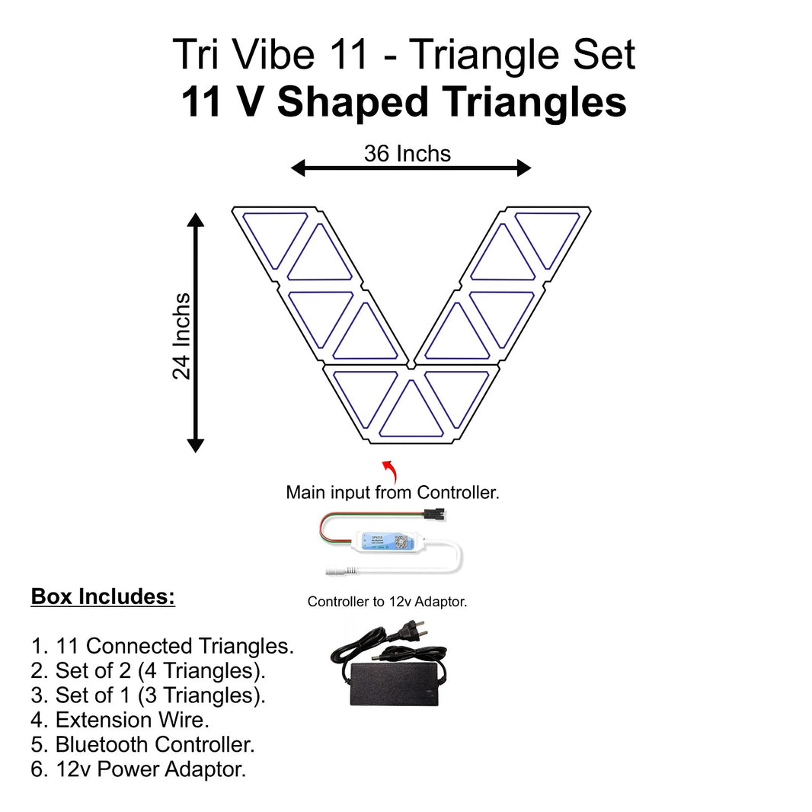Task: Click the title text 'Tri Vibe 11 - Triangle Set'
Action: coord(404,55)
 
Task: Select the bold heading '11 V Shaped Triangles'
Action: coord(404,103)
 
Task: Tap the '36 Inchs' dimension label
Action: coord(408,154)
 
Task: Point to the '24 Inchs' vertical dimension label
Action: coord(181,336)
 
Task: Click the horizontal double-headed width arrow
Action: coord(411,168)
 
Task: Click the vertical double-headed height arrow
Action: coord(196,333)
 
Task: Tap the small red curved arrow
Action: coord(388,466)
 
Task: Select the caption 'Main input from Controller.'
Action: coord(392,493)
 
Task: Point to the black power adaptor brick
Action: coord(395,683)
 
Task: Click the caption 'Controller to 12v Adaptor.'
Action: coord(387,602)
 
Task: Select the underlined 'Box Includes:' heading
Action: coord(103,596)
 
